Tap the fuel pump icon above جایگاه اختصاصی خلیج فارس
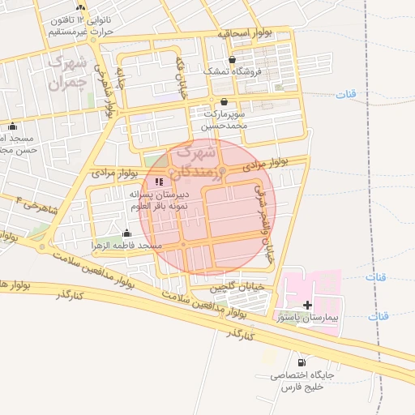[x=302, y=362]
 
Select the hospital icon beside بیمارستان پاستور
[x=307, y=305]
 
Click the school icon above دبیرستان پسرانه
[x=158, y=182]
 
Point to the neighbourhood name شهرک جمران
[x=66, y=72]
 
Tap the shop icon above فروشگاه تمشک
[x=233, y=59]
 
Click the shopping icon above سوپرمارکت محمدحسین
[x=224, y=101]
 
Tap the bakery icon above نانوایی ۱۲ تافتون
[x=80, y=6]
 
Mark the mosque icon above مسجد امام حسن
[x=11, y=126]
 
